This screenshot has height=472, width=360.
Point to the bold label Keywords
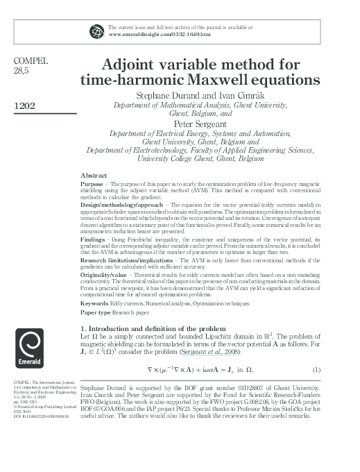coord(95,304)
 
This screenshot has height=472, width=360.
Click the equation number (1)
coord(317,368)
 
